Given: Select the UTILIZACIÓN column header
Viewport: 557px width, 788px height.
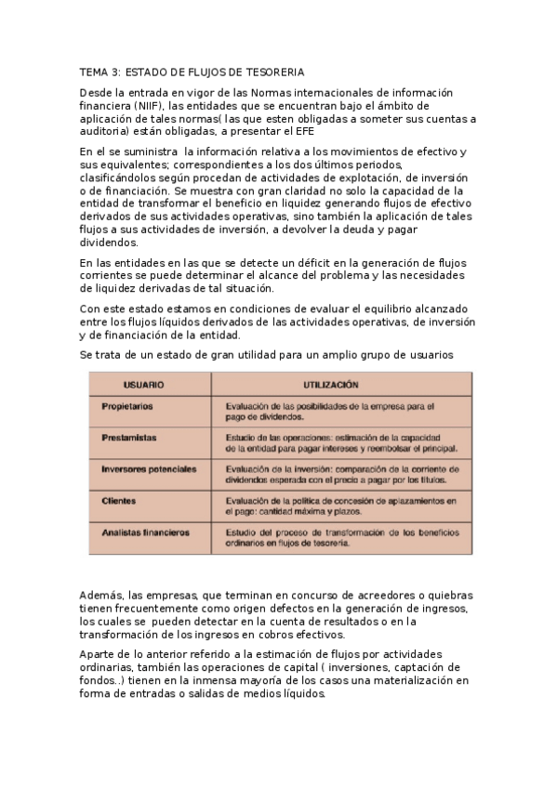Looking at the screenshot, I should (x=331, y=383).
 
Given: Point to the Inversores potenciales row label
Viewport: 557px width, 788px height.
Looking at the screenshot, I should (x=149, y=469).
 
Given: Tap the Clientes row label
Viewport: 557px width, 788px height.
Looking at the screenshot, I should (x=119, y=501).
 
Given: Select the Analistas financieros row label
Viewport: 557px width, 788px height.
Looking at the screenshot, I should (x=145, y=532).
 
